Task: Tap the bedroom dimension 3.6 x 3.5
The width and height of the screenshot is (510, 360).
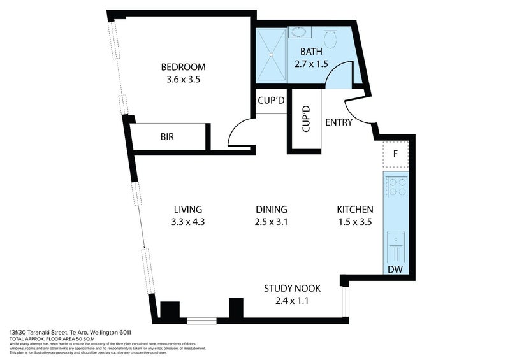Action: click(x=183, y=80)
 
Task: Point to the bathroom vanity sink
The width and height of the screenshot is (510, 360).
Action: click(x=298, y=32)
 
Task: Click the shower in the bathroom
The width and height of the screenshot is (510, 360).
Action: click(x=271, y=55)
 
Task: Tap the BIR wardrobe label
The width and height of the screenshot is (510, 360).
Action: click(x=168, y=136)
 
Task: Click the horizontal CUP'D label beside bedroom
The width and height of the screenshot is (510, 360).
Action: click(x=270, y=101)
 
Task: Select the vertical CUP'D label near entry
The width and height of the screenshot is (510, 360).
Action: click(x=305, y=119)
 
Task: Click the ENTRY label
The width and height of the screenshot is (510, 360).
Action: click(x=339, y=122)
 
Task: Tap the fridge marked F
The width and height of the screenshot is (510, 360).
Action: click(x=395, y=154)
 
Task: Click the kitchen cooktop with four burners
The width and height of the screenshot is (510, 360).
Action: click(x=398, y=186)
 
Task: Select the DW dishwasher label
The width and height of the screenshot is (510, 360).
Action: click(x=395, y=270)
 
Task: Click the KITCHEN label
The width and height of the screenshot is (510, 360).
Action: click(x=355, y=210)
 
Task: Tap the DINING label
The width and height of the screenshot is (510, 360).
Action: click(x=272, y=210)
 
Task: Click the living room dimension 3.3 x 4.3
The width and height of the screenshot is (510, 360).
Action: click(x=187, y=222)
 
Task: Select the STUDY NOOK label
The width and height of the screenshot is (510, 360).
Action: click(x=292, y=289)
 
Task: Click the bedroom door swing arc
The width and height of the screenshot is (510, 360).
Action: click(x=237, y=131)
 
